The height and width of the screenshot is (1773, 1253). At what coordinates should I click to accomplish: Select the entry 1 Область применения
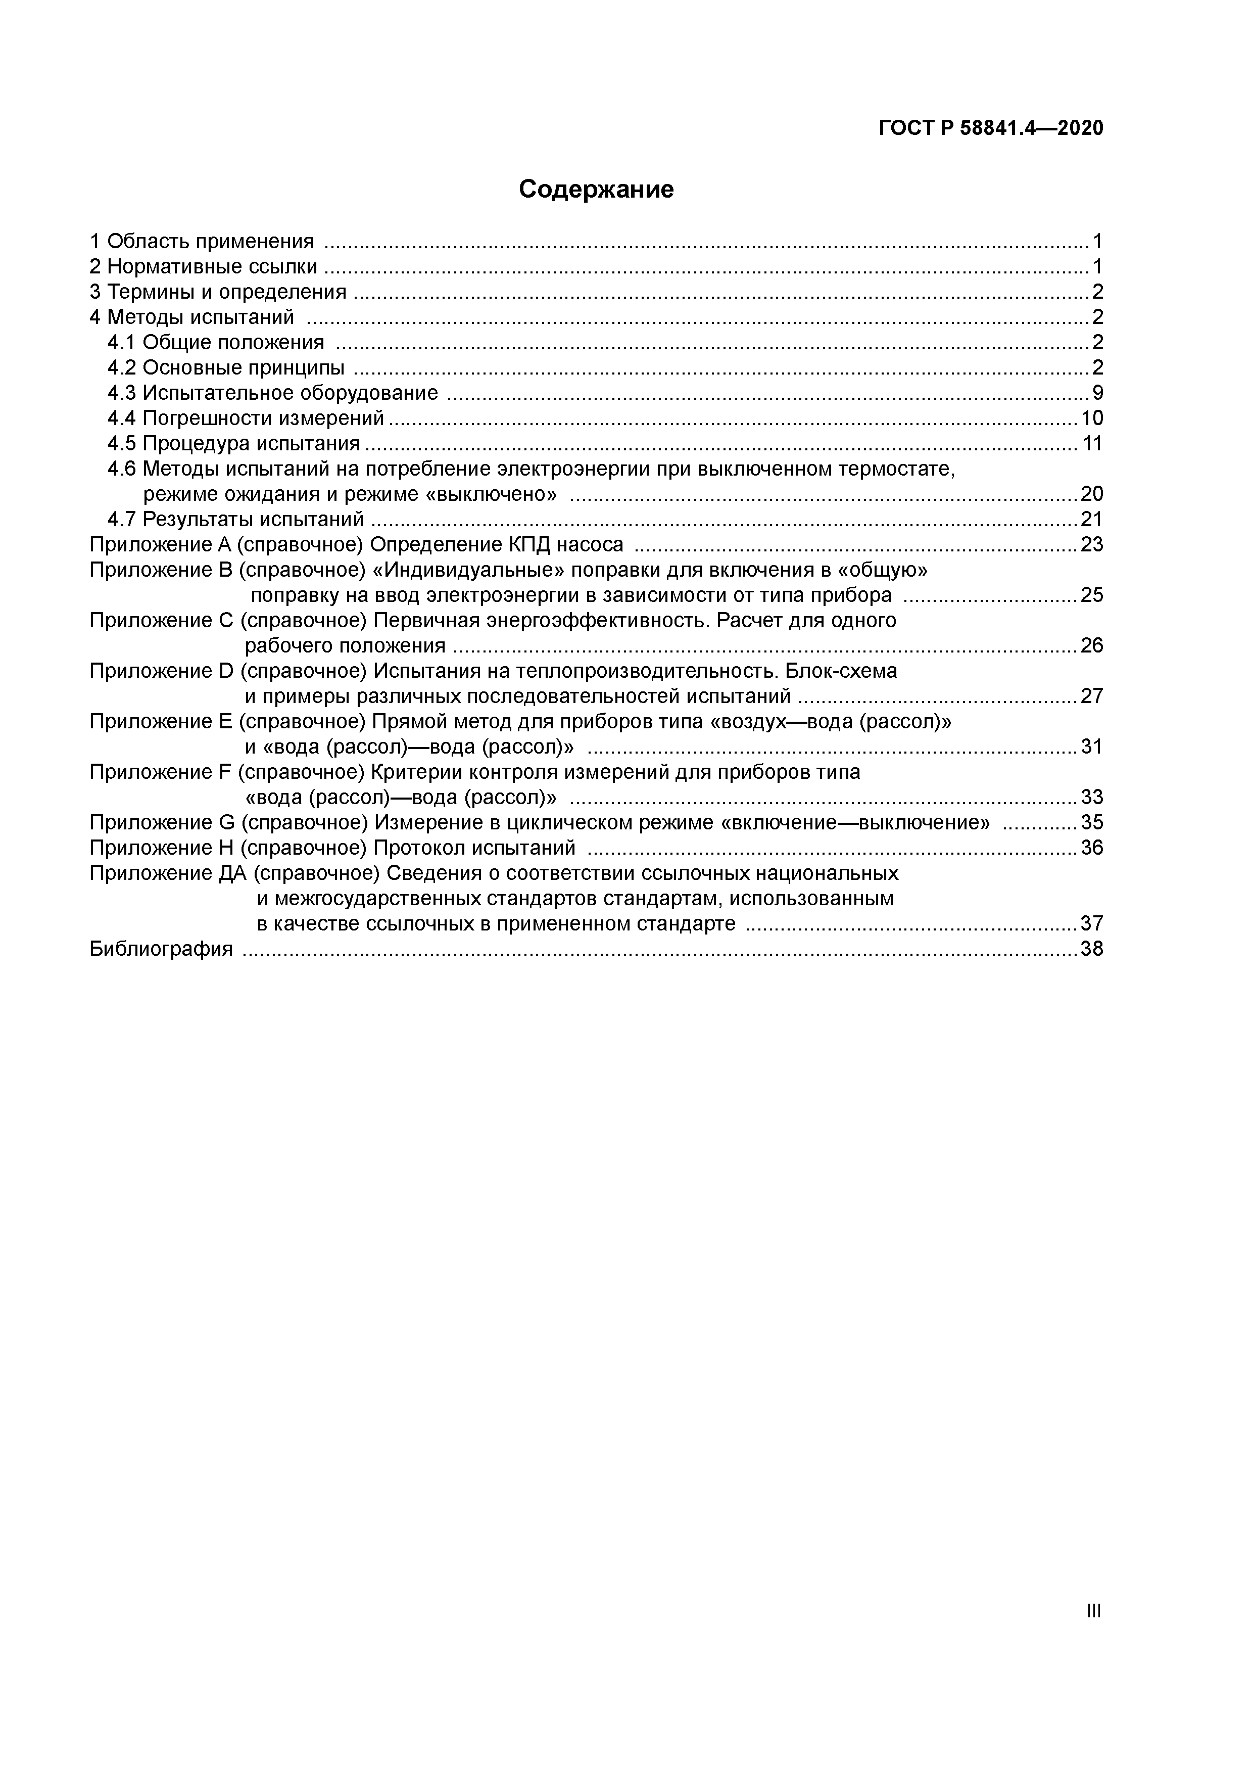point(202,242)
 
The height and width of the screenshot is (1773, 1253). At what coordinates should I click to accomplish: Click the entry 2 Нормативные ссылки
point(203,267)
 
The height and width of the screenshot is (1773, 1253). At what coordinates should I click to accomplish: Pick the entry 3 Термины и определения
point(218,292)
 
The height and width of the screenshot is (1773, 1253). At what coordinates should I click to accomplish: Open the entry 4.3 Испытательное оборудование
point(272,393)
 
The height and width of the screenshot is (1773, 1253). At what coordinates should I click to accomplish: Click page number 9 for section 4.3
point(1097,393)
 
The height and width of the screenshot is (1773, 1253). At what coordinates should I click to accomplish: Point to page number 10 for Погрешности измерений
point(1092,418)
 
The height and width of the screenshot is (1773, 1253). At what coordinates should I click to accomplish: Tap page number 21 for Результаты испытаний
point(1092,519)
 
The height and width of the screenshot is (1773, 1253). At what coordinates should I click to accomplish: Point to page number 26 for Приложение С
point(1092,645)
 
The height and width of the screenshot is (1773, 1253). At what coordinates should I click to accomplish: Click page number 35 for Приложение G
point(1092,822)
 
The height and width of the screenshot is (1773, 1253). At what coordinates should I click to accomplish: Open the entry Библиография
point(161,949)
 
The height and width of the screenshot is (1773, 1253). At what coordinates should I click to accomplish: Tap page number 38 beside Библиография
point(1092,949)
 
